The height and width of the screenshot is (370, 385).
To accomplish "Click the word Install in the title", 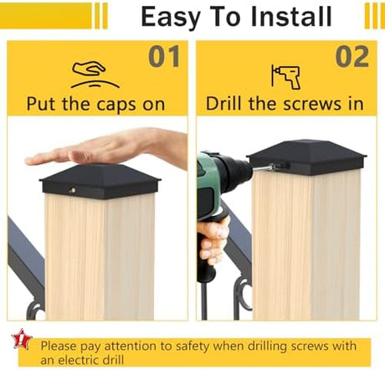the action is pos(291,17).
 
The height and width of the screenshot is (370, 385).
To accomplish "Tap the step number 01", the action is pos(164,57).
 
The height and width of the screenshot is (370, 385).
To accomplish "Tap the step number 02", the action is pos(352,57).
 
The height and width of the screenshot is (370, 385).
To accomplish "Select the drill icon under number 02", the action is pos(285,77).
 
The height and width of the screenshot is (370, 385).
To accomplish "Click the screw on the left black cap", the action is pos(73,191).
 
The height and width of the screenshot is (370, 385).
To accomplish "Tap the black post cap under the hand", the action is pos(100,182).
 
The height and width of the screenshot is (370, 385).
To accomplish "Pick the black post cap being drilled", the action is pos(307,157).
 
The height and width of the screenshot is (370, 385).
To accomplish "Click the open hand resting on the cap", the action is pos(109,148).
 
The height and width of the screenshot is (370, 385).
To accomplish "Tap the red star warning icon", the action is pos(21,339).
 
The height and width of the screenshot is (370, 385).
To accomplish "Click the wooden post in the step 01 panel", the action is pos(100,257).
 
